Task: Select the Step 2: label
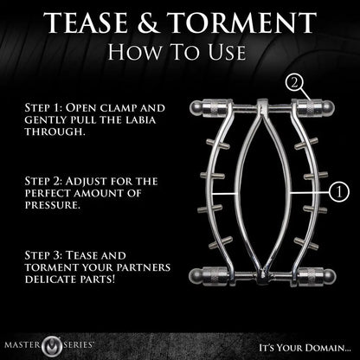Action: point(41,183)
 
